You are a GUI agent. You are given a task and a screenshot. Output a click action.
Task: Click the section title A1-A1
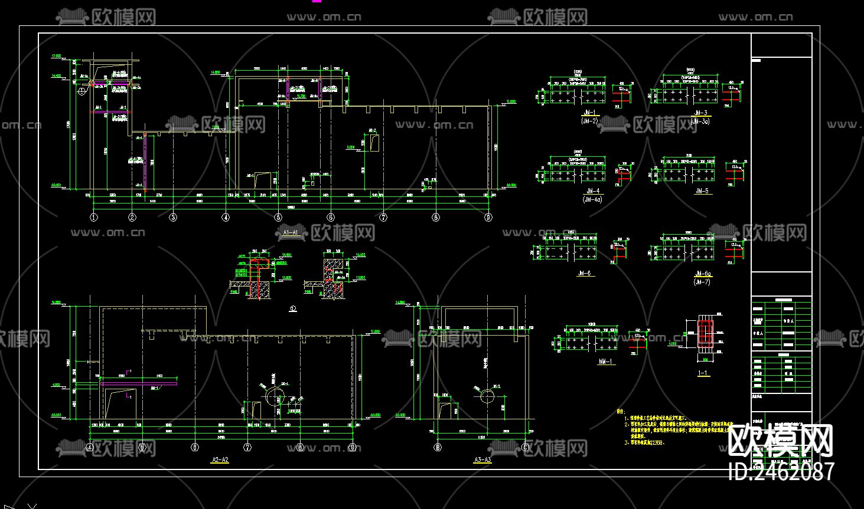click(291, 233)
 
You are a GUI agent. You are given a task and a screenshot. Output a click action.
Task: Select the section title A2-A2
click(220, 459)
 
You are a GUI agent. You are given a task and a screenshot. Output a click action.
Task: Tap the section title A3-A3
click(482, 459)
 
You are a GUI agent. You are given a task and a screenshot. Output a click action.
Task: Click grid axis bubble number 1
click(93, 217)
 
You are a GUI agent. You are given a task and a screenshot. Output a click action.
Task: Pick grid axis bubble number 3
click(173, 217)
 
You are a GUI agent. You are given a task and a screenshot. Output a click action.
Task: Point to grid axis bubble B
click(438, 447)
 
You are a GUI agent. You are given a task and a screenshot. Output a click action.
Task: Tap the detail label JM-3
click(701, 113)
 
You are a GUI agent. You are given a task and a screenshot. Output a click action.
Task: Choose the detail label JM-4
click(592, 191)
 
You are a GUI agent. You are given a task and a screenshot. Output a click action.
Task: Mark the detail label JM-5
click(702, 191)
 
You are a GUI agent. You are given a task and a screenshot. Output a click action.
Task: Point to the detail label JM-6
click(585, 274)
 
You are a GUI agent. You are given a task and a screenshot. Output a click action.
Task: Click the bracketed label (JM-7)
click(702, 282)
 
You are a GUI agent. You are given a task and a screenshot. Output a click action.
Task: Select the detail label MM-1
click(605, 362)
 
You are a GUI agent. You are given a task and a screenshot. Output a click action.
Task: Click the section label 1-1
click(703, 373)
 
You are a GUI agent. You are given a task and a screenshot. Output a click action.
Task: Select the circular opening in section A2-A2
click(273, 396)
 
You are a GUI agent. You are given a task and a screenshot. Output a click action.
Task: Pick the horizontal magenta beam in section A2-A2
click(139, 383)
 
